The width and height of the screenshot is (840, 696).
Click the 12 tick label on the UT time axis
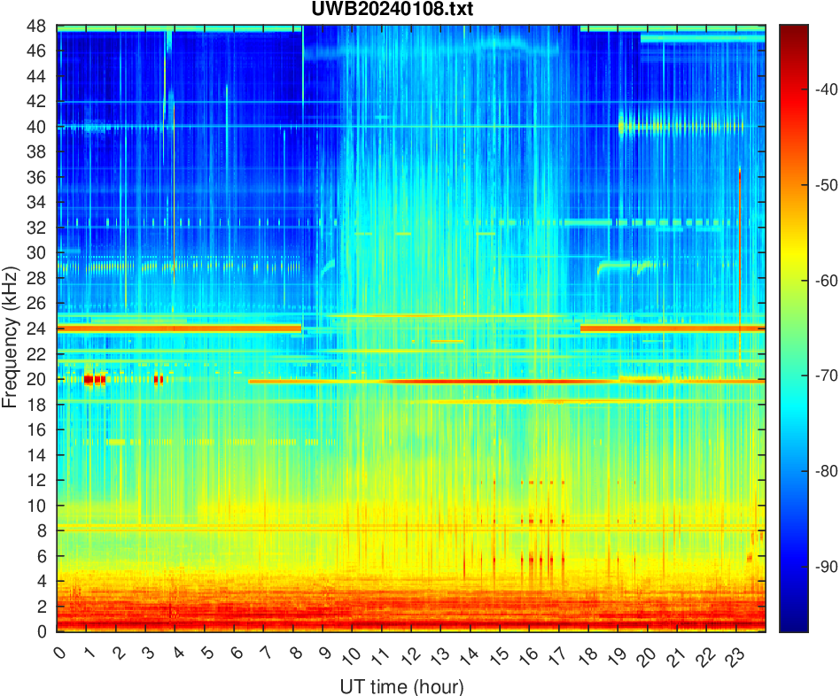click(x=409, y=656)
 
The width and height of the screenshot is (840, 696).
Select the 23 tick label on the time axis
click(x=733, y=656)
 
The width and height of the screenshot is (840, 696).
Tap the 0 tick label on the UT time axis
click(x=59, y=653)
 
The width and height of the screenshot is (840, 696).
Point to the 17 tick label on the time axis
click(x=556, y=656)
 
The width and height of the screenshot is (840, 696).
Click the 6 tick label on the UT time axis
click(x=236, y=653)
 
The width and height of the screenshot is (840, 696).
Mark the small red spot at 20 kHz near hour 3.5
click(x=159, y=380)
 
